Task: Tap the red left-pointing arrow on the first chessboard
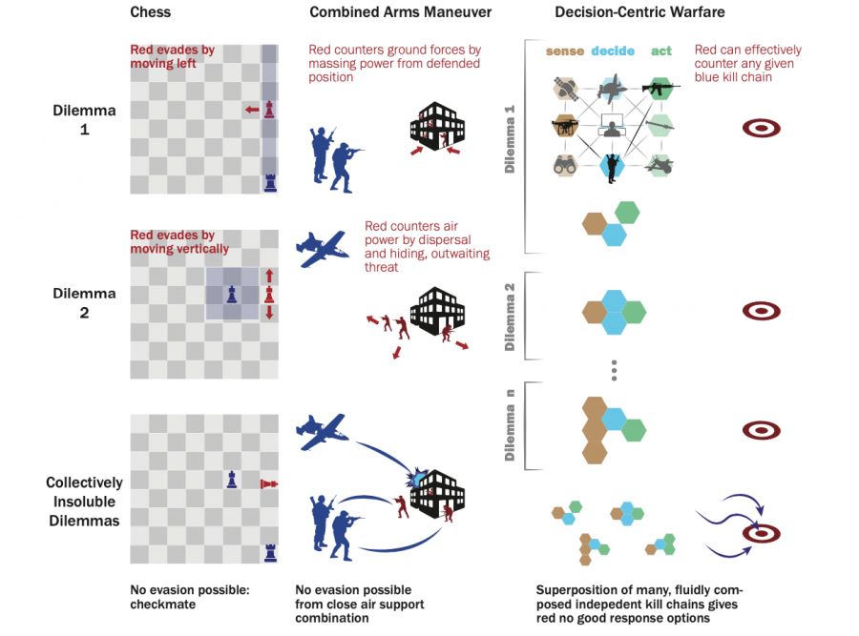tap(251, 111)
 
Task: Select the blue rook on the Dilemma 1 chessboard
tap(270, 181)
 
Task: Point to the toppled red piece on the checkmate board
tap(269, 483)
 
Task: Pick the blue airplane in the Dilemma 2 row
tap(322, 250)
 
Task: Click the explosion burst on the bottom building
tap(418, 473)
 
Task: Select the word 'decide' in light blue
tap(613, 51)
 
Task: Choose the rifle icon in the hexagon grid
tap(658, 91)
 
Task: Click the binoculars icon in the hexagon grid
tap(565, 164)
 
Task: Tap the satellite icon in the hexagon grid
tap(565, 90)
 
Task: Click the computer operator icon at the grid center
tap(611, 128)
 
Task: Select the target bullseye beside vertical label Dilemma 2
tap(761, 310)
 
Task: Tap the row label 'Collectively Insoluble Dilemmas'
tap(84, 502)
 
